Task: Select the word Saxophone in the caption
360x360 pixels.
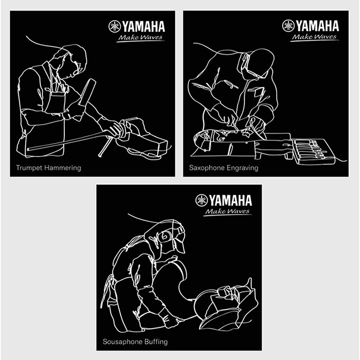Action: click(x=206, y=168)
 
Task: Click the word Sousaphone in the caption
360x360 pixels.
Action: click(x=120, y=342)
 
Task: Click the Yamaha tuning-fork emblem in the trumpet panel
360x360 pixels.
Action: click(x=115, y=26)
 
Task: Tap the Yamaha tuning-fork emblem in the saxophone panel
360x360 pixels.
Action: click(x=288, y=26)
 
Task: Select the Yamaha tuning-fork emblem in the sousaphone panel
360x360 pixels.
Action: click(x=201, y=200)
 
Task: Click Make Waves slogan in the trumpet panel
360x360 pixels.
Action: click(x=140, y=38)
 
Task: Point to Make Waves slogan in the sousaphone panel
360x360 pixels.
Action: click(x=228, y=212)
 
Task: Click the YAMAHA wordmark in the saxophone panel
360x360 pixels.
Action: click(x=318, y=26)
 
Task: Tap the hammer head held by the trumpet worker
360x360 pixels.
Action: click(x=87, y=92)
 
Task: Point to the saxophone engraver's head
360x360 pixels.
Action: click(x=257, y=64)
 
